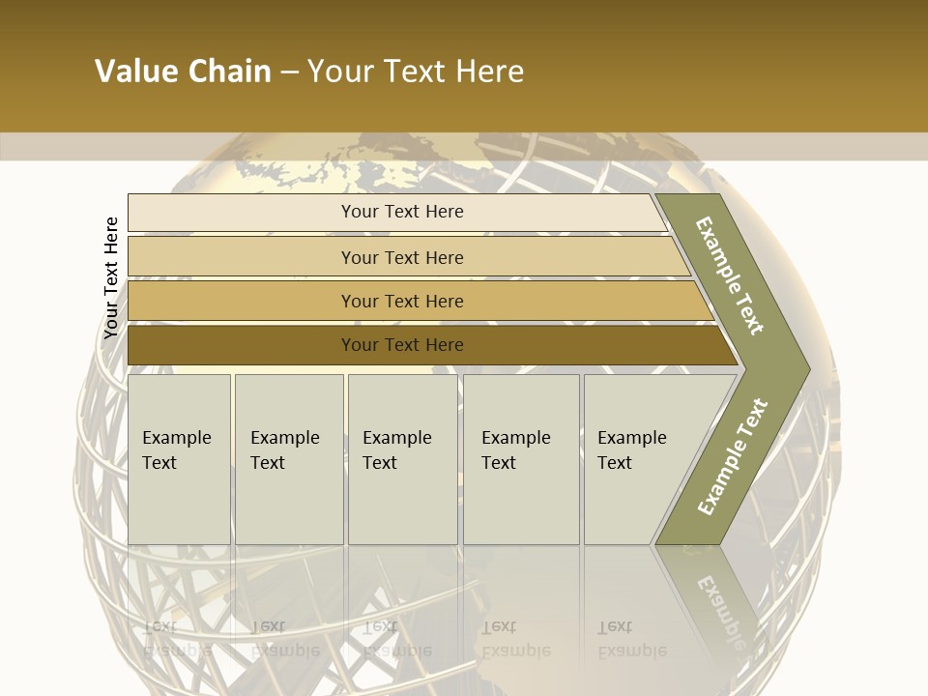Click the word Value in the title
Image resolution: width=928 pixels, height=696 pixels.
133,72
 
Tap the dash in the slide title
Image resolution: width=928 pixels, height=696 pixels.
289,72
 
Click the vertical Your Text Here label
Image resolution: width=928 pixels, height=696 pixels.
111,277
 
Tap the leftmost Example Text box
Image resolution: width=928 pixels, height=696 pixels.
179,459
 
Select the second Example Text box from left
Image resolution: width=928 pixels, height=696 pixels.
289,459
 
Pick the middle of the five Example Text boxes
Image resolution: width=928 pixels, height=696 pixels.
402,459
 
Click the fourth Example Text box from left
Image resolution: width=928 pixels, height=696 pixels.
521,459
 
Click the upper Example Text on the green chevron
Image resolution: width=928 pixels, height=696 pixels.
730,275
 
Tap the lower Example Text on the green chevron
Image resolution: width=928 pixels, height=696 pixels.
732,456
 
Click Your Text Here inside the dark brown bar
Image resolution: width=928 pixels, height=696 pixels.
402,345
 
